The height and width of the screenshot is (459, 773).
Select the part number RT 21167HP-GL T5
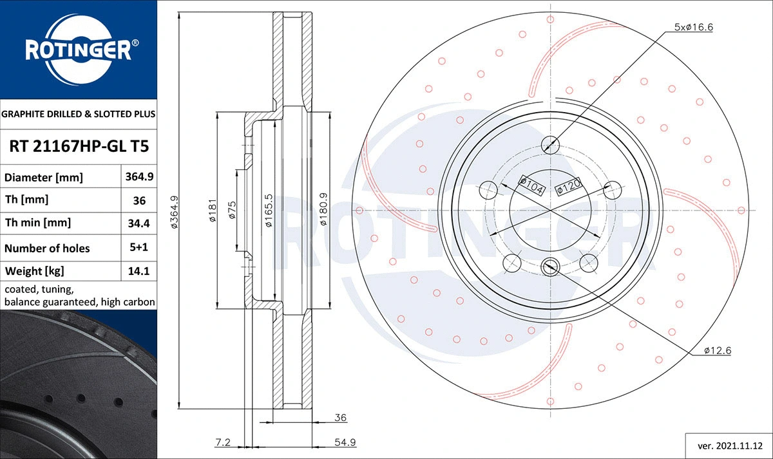[x=79, y=146]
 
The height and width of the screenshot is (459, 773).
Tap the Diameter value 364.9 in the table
[x=138, y=176]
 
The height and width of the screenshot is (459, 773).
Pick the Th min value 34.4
[x=138, y=223]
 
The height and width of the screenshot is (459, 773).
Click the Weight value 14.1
[x=138, y=271]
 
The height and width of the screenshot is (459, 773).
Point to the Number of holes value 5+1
[x=138, y=248]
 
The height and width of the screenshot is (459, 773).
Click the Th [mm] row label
[x=26, y=200]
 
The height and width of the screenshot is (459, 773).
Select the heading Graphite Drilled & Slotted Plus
[x=79, y=114]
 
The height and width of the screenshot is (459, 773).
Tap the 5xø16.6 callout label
[x=693, y=27]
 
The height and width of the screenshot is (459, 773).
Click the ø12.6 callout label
[x=717, y=351]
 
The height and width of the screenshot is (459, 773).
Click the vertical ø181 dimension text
[x=211, y=211]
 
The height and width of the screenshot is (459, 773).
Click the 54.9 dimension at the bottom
[x=344, y=442]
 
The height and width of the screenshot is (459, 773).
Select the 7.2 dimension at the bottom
[x=223, y=442]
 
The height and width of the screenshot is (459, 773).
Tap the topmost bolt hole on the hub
[x=550, y=144]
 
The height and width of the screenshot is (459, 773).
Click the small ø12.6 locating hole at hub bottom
[x=550, y=264]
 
